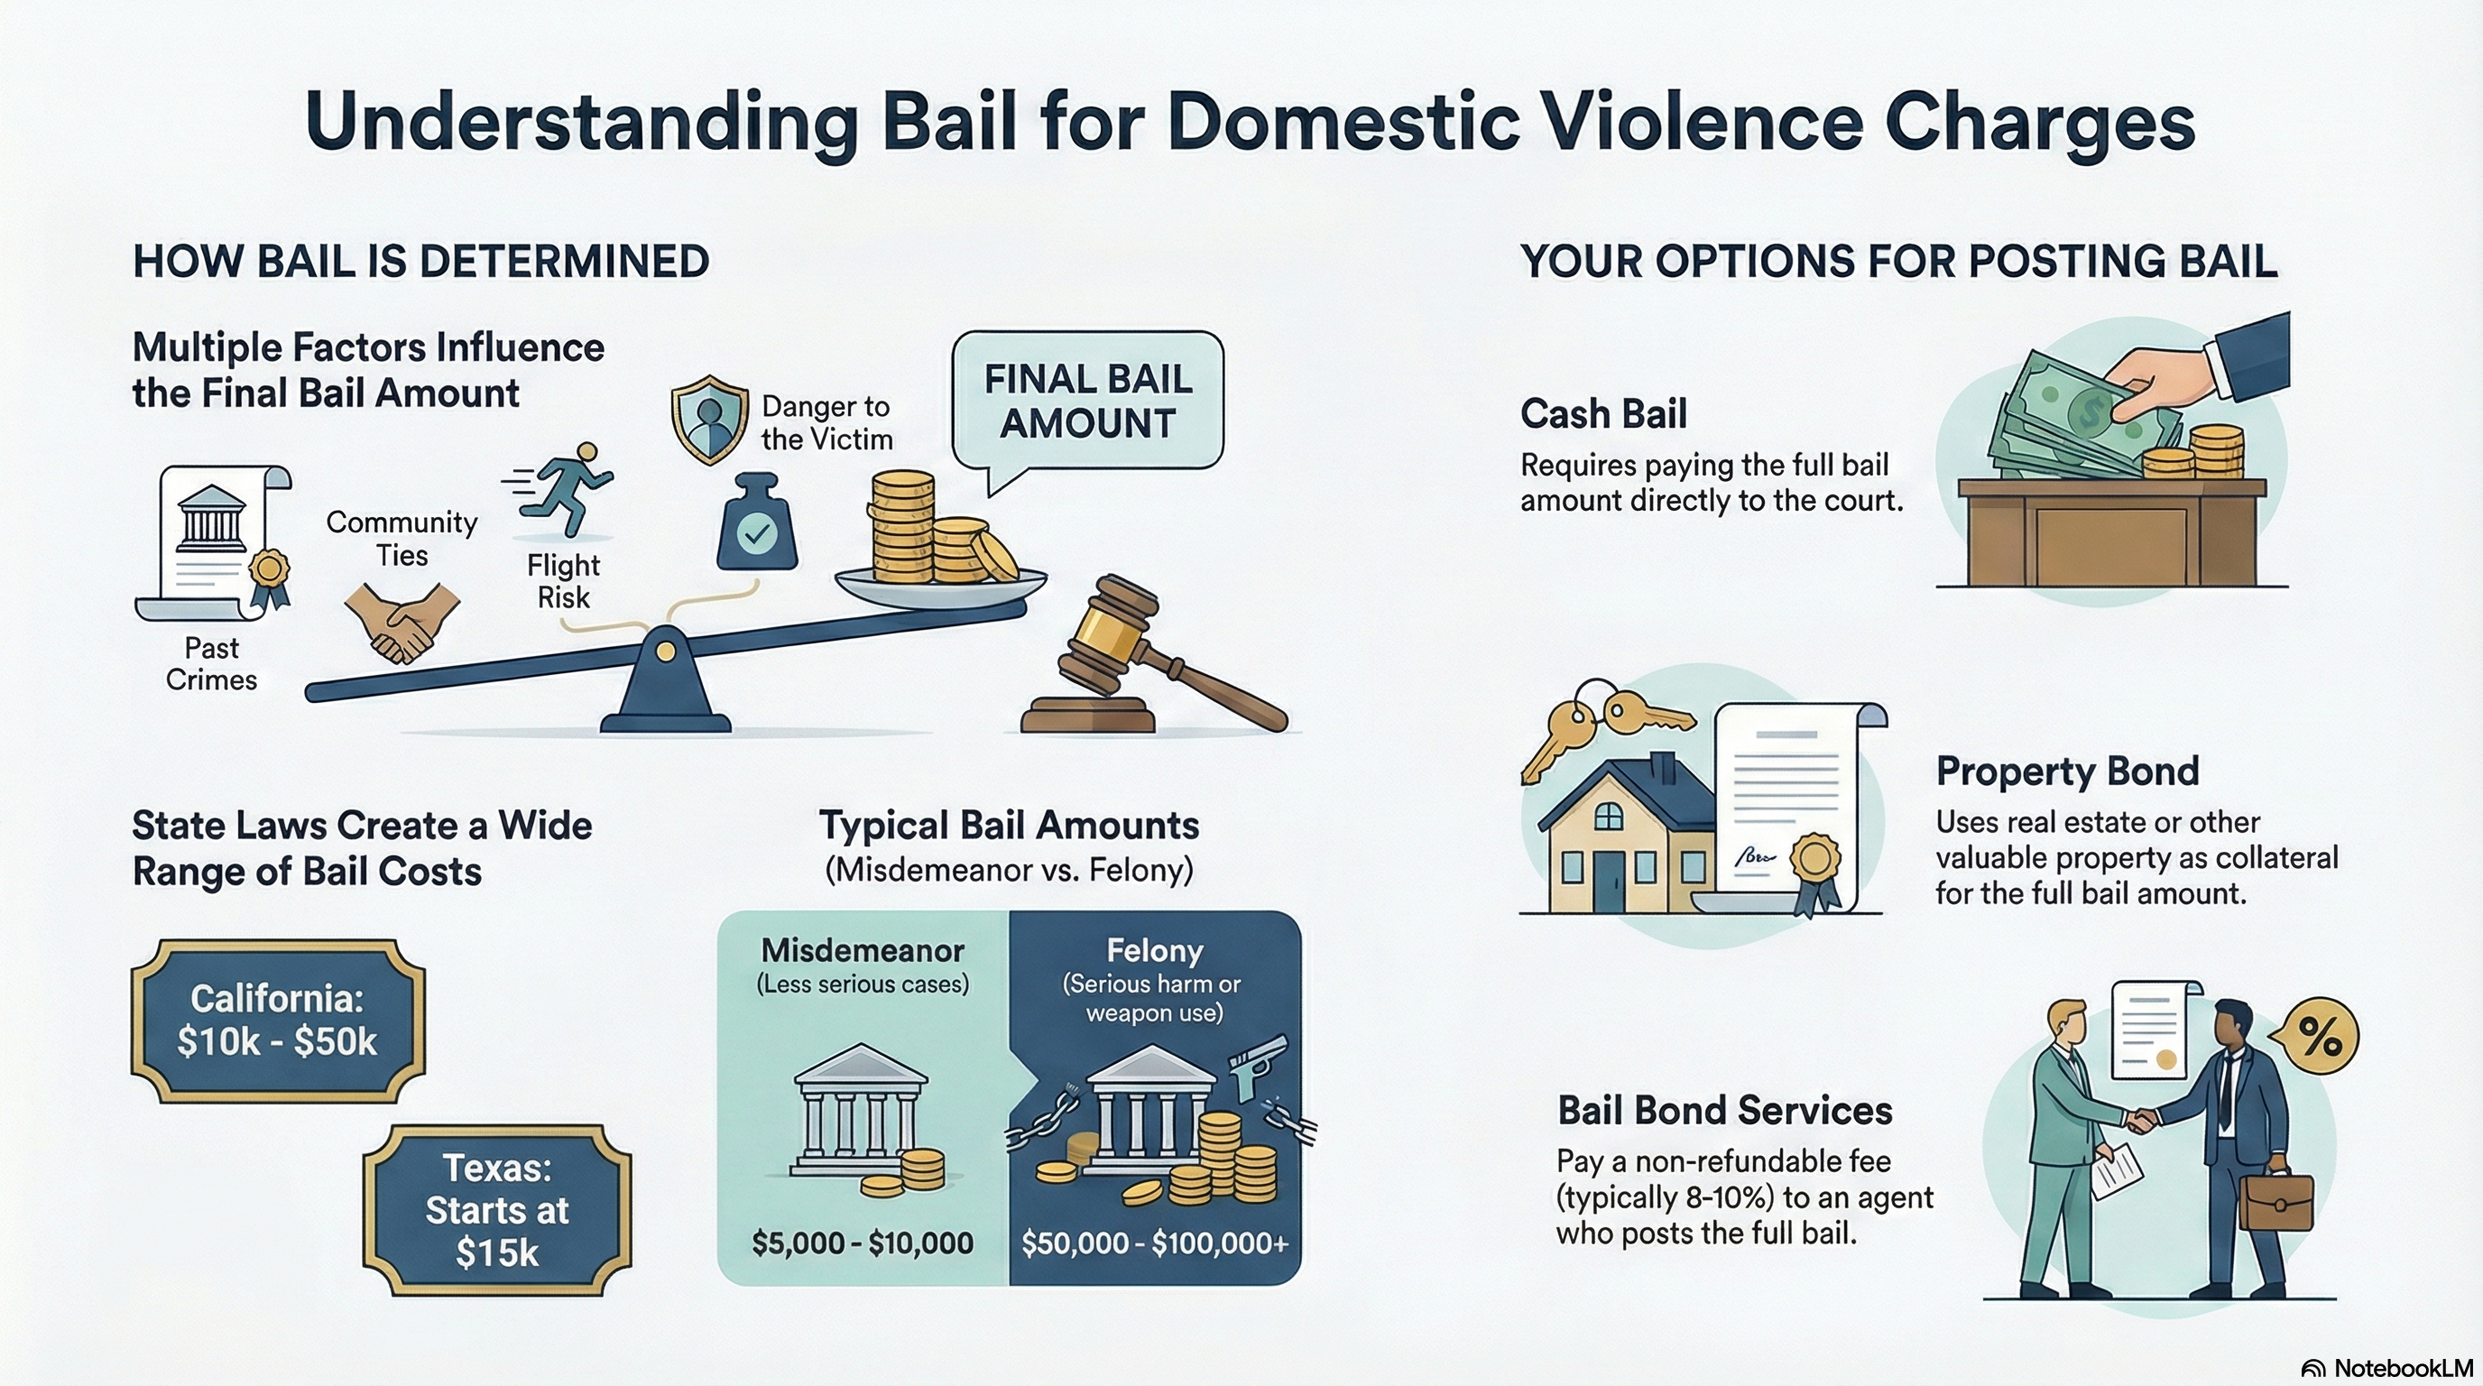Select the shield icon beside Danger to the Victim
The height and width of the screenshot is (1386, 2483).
710,419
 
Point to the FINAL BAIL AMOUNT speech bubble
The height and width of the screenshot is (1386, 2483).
1087,401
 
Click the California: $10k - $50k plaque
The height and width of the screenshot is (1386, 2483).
278,1021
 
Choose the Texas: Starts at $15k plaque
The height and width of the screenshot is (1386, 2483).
497,1210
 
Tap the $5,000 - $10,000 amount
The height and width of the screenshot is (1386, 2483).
863,1243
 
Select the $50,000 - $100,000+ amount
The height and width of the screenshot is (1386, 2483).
1155,1243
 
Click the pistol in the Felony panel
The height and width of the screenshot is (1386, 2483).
1259,1064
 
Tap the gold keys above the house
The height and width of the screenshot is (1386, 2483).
1600,723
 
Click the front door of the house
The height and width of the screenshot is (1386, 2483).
1608,882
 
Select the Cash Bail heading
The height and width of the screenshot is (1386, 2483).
1604,414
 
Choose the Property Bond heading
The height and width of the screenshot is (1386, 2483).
2068,772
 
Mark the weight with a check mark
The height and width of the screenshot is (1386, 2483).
758,525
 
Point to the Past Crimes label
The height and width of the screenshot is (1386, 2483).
211,663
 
